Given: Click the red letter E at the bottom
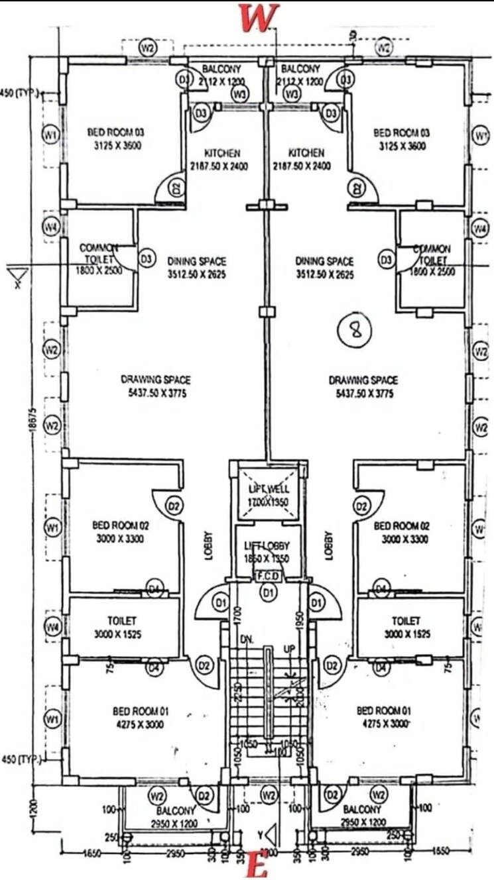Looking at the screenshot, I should [257, 866].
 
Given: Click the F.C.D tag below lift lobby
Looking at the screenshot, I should [269, 577].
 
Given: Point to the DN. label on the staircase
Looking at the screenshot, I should [248, 640].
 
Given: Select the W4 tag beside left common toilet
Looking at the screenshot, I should [51, 227].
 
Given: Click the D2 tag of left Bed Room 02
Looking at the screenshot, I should [174, 507].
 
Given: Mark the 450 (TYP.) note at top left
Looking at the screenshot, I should [19, 92].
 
